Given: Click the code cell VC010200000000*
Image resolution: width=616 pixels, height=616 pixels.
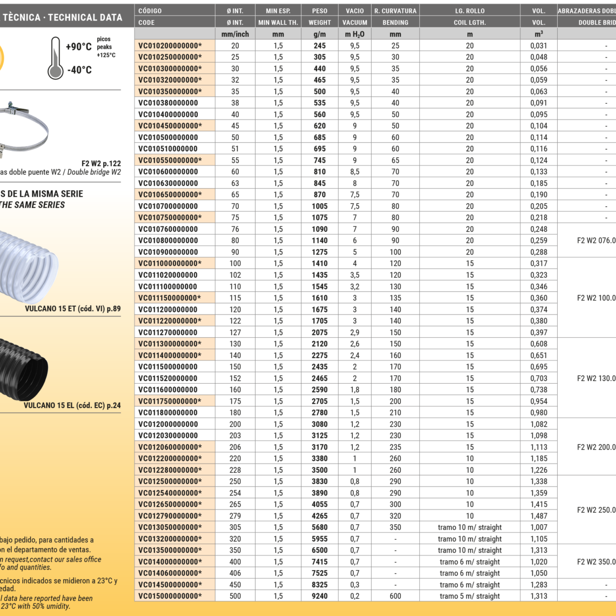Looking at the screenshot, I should (170, 46).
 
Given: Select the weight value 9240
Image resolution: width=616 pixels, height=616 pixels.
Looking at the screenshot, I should (319, 596).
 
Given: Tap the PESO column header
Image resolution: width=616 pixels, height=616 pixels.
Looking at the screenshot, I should (319, 11).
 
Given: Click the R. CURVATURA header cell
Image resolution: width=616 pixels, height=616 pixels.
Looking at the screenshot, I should (395, 11).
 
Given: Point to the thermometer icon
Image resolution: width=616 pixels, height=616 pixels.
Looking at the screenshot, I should (55, 58).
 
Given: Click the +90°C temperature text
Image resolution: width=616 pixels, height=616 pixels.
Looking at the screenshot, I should (78, 47).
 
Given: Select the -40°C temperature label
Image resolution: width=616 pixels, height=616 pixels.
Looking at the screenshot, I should (79, 70).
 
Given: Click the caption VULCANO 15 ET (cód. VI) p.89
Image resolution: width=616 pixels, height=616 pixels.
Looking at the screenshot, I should (72, 310).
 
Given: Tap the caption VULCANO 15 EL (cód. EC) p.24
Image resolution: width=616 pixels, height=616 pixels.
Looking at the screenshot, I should (72, 405).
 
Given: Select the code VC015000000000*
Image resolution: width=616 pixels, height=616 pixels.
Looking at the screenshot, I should (170, 596).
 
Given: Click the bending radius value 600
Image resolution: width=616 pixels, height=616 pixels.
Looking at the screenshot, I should (395, 596).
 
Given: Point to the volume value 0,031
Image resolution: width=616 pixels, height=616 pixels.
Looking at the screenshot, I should (538, 46).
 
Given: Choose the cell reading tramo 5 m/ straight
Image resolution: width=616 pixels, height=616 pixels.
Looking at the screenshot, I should (470, 596).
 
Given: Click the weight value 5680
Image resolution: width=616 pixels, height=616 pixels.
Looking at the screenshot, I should (319, 527).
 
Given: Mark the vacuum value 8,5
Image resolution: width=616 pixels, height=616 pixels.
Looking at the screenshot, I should (354, 172).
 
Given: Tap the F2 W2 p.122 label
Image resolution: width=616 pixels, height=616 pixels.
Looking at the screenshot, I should (101, 163).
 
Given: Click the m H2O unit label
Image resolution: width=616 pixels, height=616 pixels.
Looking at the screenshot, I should (354, 34).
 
